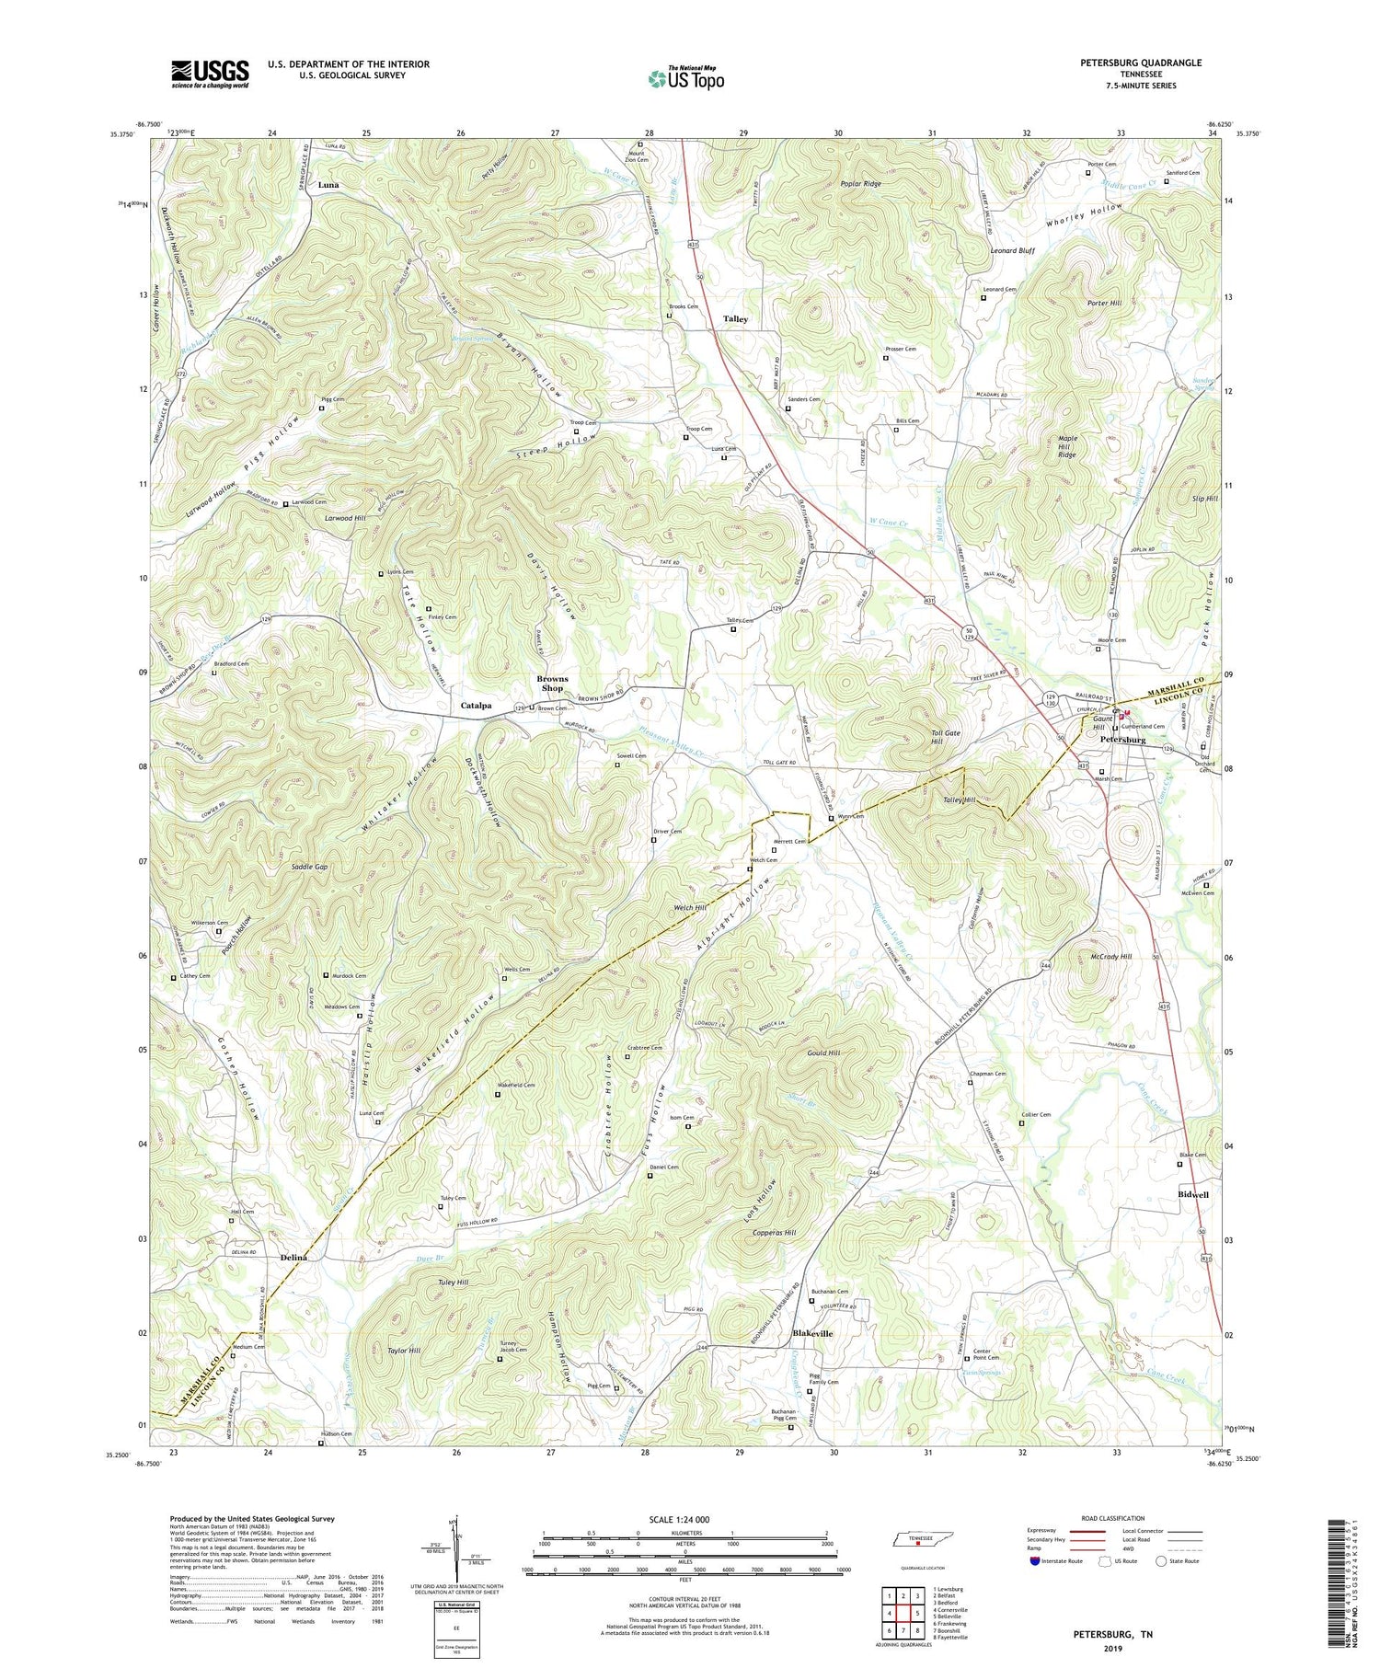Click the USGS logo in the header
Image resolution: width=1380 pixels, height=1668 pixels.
(210, 73)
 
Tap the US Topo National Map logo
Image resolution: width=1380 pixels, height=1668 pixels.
(685, 78)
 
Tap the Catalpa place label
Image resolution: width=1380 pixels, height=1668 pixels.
(476, 706)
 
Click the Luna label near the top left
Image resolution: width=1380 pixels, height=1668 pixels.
(328, 185)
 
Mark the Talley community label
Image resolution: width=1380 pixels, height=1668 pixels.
(735, 319)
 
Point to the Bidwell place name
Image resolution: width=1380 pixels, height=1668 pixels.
(1193, 1194)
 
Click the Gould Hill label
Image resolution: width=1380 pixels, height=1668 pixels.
(823, 1053)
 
